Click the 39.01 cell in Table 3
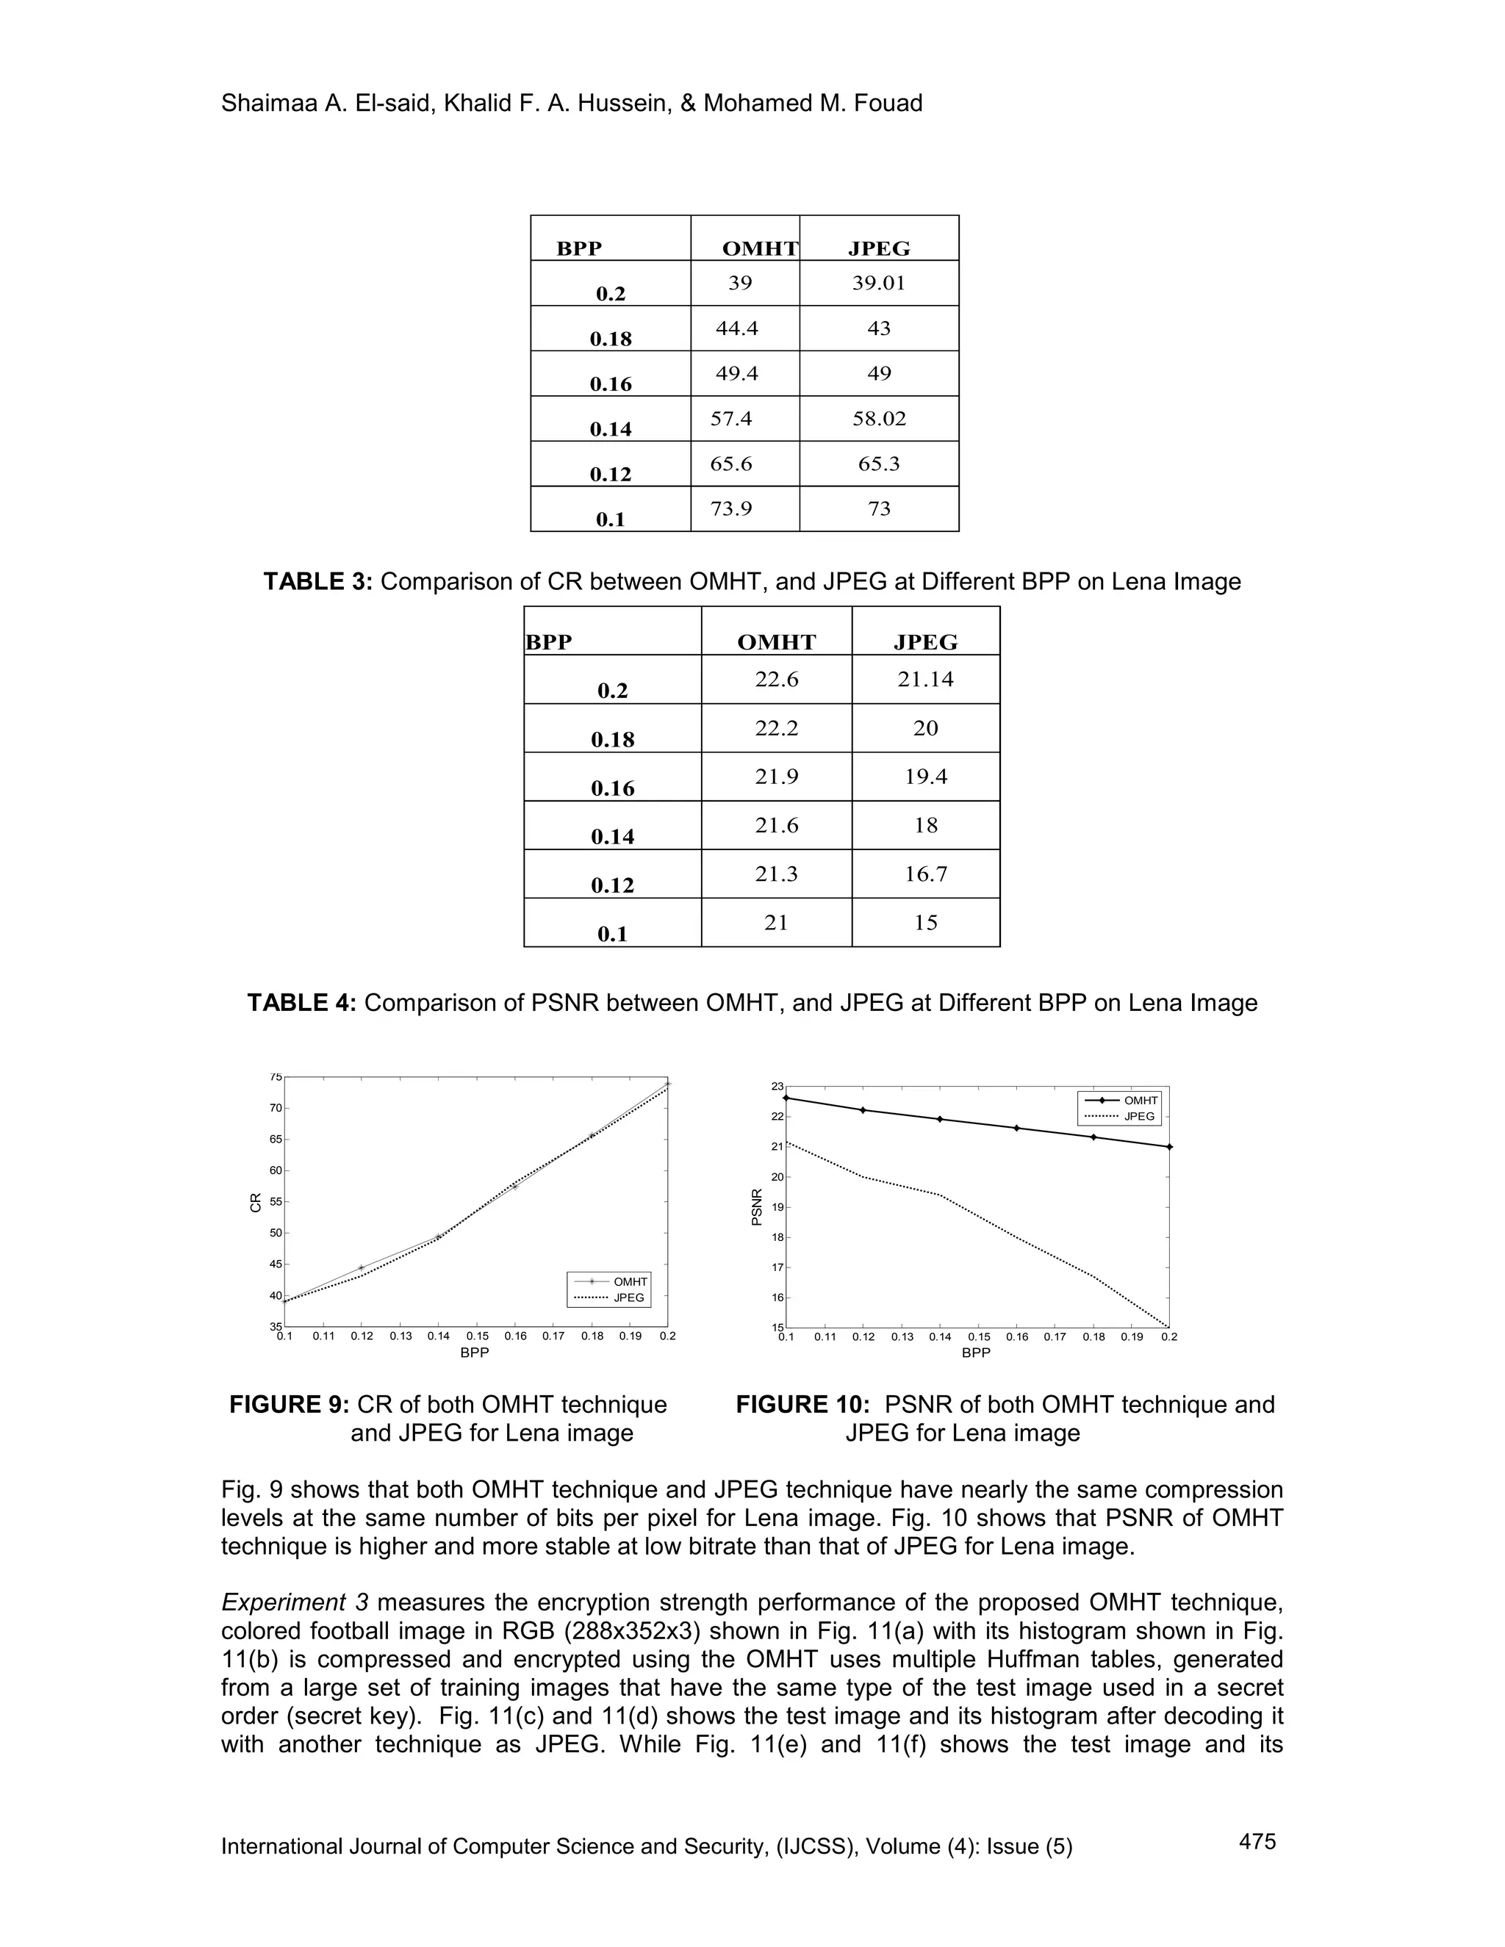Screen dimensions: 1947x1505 [878, 284]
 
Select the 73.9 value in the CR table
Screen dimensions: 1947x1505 [731, 509]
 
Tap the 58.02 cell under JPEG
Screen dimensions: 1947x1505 [878, 419]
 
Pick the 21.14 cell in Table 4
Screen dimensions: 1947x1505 [925, 680]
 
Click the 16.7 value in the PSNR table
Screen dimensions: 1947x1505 [925, 874]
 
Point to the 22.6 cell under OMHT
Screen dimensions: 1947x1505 [776, 680]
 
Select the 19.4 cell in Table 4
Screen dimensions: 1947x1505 [925, 777]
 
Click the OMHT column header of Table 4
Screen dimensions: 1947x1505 [776, 642]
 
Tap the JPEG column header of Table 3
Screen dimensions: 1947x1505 [878, 249]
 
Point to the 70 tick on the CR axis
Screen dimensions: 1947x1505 [276, 1108]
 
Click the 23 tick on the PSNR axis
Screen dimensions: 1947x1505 [777, 1086]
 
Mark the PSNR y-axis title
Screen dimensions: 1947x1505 [757, 1207]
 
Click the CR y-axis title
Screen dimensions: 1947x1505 [256, 1203]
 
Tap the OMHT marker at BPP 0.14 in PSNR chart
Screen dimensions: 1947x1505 [940, 1119]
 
